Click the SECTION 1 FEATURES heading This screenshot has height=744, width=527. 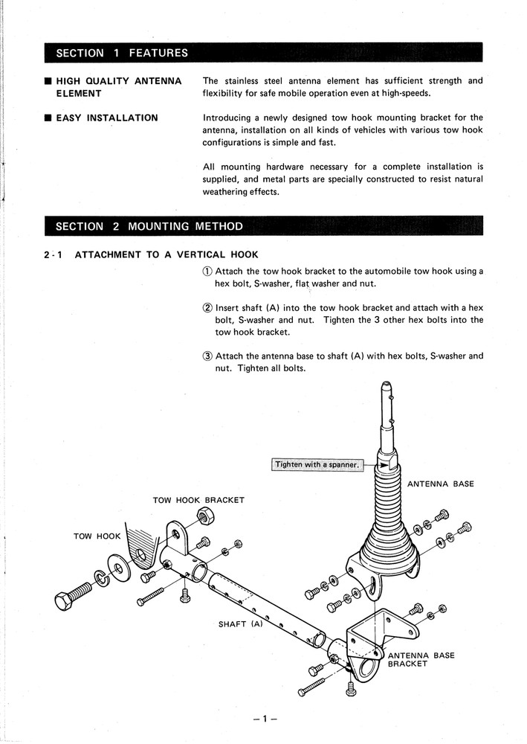coord(116,54)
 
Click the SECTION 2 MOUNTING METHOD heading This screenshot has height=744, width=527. coord(143,226)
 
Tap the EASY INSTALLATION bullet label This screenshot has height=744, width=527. coord(107,118)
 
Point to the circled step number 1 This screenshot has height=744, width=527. coord(207,272)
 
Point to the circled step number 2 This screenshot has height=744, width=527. coord(207,307)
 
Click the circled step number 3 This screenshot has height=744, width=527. coord(207,356)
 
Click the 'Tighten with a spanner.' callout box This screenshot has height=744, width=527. coord(317,465)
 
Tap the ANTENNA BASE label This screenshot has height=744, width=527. coord(440,484)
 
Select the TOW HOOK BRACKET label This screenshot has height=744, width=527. coord(198,501)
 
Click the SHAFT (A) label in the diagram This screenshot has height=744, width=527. coord(241,624)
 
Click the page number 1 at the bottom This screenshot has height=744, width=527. coord(263,719)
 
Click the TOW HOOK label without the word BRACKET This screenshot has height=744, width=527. coord(92,536)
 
